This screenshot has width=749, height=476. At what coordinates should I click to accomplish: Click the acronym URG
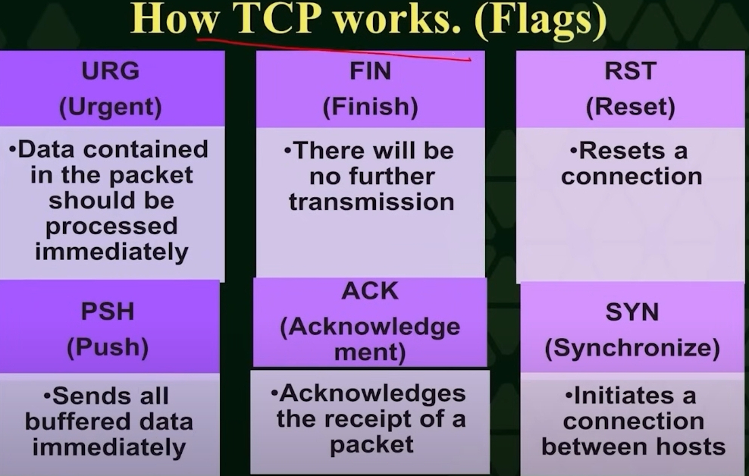click(111, 70)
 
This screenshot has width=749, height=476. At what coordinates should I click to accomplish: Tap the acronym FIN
click(370, 71)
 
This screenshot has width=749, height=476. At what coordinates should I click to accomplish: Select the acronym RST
click(630, 71)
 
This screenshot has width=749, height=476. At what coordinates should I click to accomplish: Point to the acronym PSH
click(108, 312)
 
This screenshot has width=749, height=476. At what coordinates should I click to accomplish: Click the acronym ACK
click(370, 291)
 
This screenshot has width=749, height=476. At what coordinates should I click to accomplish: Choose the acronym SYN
click(632, 312)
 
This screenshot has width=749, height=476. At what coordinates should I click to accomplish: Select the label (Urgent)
click(111, 107)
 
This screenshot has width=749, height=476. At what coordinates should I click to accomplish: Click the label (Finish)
click(370, 106)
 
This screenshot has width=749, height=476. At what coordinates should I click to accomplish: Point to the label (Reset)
click(631, 106)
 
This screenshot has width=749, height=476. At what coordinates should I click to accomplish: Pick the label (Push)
click(108, 347)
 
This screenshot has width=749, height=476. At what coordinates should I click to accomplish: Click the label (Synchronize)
click(632, 348)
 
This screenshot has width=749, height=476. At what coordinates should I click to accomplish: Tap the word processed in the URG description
click(111, 227)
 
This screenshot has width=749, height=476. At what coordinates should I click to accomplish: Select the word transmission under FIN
click(371, 202)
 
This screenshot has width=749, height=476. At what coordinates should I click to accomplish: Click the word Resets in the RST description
click(622, 151)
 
